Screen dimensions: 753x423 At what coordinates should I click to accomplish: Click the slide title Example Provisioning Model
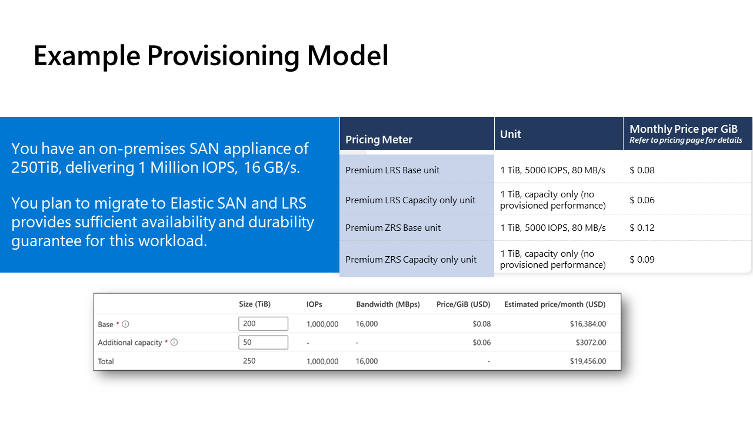point(211,56)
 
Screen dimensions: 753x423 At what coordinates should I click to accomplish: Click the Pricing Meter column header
point(379,139)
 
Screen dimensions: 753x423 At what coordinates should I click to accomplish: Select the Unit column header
point(510,135)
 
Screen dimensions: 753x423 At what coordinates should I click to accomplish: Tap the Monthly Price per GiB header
point(684,129)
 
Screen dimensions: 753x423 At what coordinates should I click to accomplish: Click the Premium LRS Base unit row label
point(392,170)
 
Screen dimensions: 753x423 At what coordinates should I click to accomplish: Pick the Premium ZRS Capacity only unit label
point(411,260)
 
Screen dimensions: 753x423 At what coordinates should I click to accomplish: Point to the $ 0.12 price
point(642,227)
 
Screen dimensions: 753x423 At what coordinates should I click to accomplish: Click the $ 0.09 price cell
point(642,259)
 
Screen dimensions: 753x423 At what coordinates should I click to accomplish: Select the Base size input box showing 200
point(263,324)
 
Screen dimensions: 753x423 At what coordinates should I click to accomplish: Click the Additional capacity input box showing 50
point(263,343)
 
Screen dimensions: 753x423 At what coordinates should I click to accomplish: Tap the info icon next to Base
point(125,324)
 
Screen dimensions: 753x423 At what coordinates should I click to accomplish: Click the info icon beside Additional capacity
point(174,343)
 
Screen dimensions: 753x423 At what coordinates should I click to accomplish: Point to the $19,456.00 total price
point(588,361)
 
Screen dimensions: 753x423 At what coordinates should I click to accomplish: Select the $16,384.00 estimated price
point(588,324)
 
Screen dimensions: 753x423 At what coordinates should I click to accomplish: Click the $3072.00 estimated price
point(591,343)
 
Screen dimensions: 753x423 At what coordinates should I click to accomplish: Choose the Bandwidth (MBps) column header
point(388,304)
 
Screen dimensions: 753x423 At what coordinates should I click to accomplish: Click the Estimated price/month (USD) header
point(555,304)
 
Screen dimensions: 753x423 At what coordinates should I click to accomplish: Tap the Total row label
point(106,361)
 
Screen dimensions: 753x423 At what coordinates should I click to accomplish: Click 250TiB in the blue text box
point(36,167)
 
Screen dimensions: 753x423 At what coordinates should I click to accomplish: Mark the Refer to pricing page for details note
point(686,140)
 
